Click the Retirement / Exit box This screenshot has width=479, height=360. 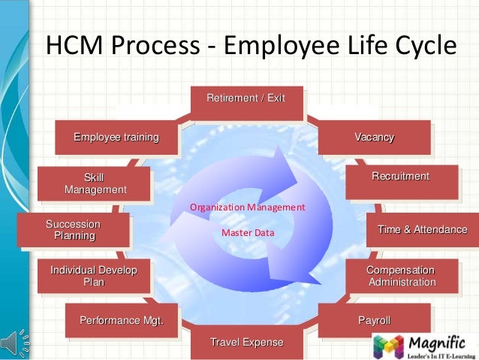pyautogui.click(x=246, y=99)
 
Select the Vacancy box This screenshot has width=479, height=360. pyautogui.click(x=374, y=137)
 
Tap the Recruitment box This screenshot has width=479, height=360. pyautogui.click(x=400, y=177)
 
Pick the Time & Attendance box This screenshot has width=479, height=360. pyautogui.click(x=422, y=229)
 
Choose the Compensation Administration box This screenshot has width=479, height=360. pyautogui.click(x=400, y=276)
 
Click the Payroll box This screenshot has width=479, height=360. pyautogui.click(x=374, y=321)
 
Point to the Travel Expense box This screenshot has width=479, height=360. pyautogui.click(x=246, y=343)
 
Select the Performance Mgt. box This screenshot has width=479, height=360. pyautogui.click(x=122, y=322)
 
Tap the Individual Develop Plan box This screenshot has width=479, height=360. pyautogui.click(x=93, y=276)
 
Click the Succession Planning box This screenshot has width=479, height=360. pyautogui.click(x=74, y=230)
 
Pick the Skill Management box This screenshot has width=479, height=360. pyautogui.click(x=95, y=183)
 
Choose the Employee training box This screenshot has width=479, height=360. pyautogui.click(x=116, y=137)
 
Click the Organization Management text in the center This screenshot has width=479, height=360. pyautogui.click(x=247, y=207)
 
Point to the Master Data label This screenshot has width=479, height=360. pyautogui.click(x=248, y=233)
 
